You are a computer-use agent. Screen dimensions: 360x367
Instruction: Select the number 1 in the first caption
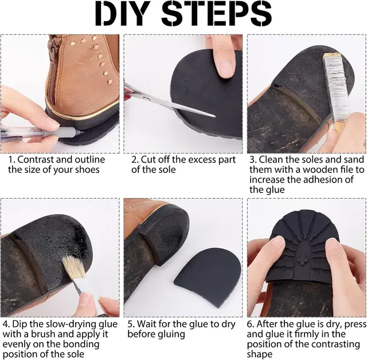point(11,160)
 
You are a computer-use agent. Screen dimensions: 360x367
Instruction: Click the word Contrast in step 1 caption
point(36,160)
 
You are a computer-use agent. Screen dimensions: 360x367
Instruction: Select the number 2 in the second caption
point(135,160)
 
